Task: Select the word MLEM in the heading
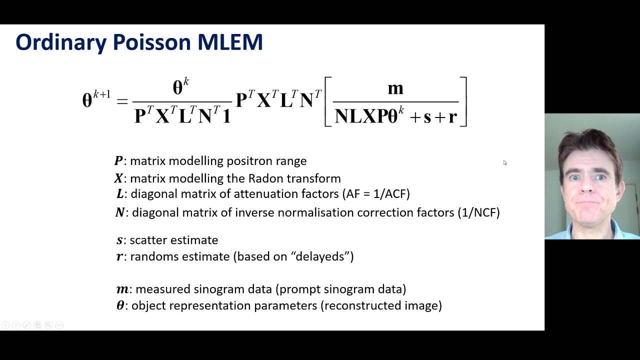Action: pos(230,42)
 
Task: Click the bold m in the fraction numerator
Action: pos(395,88)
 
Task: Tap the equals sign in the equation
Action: pos(122,101)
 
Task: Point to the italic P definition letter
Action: pos(118,161)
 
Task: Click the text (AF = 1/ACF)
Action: pos(375,193)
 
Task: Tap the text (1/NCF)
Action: pos(478,212)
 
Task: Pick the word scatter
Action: pos(148,240)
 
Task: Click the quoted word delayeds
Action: pos(322,256)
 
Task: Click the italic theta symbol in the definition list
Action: pos(120,305)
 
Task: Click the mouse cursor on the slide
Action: pos(504,162)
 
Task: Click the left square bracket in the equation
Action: pos(328,101)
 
